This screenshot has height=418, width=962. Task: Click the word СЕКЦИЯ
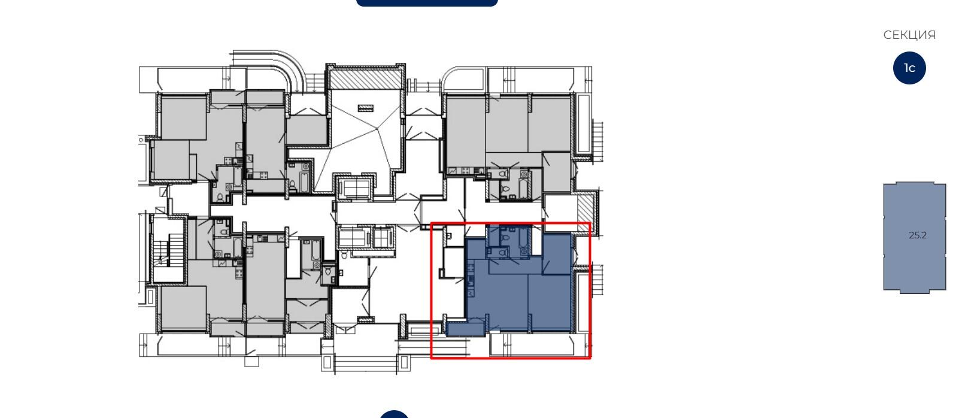click(909, 35)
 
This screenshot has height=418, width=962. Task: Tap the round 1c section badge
click(909, 68)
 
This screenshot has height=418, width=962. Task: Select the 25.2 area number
click(917, 235)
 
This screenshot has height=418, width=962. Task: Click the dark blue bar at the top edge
click(427, 3)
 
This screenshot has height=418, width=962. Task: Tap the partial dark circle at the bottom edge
click(394, 414)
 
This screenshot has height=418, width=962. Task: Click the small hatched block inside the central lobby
click(366, 108)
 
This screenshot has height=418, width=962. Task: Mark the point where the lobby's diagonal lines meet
click(377, 128)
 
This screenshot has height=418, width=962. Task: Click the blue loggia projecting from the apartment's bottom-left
click(466, 329)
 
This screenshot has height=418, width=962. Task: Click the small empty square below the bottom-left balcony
click(251, 361)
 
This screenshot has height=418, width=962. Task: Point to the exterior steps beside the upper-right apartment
click(598, 140)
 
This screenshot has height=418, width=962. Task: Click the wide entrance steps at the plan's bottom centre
click(366, 364)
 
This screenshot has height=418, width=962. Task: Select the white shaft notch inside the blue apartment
click(536, 240)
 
